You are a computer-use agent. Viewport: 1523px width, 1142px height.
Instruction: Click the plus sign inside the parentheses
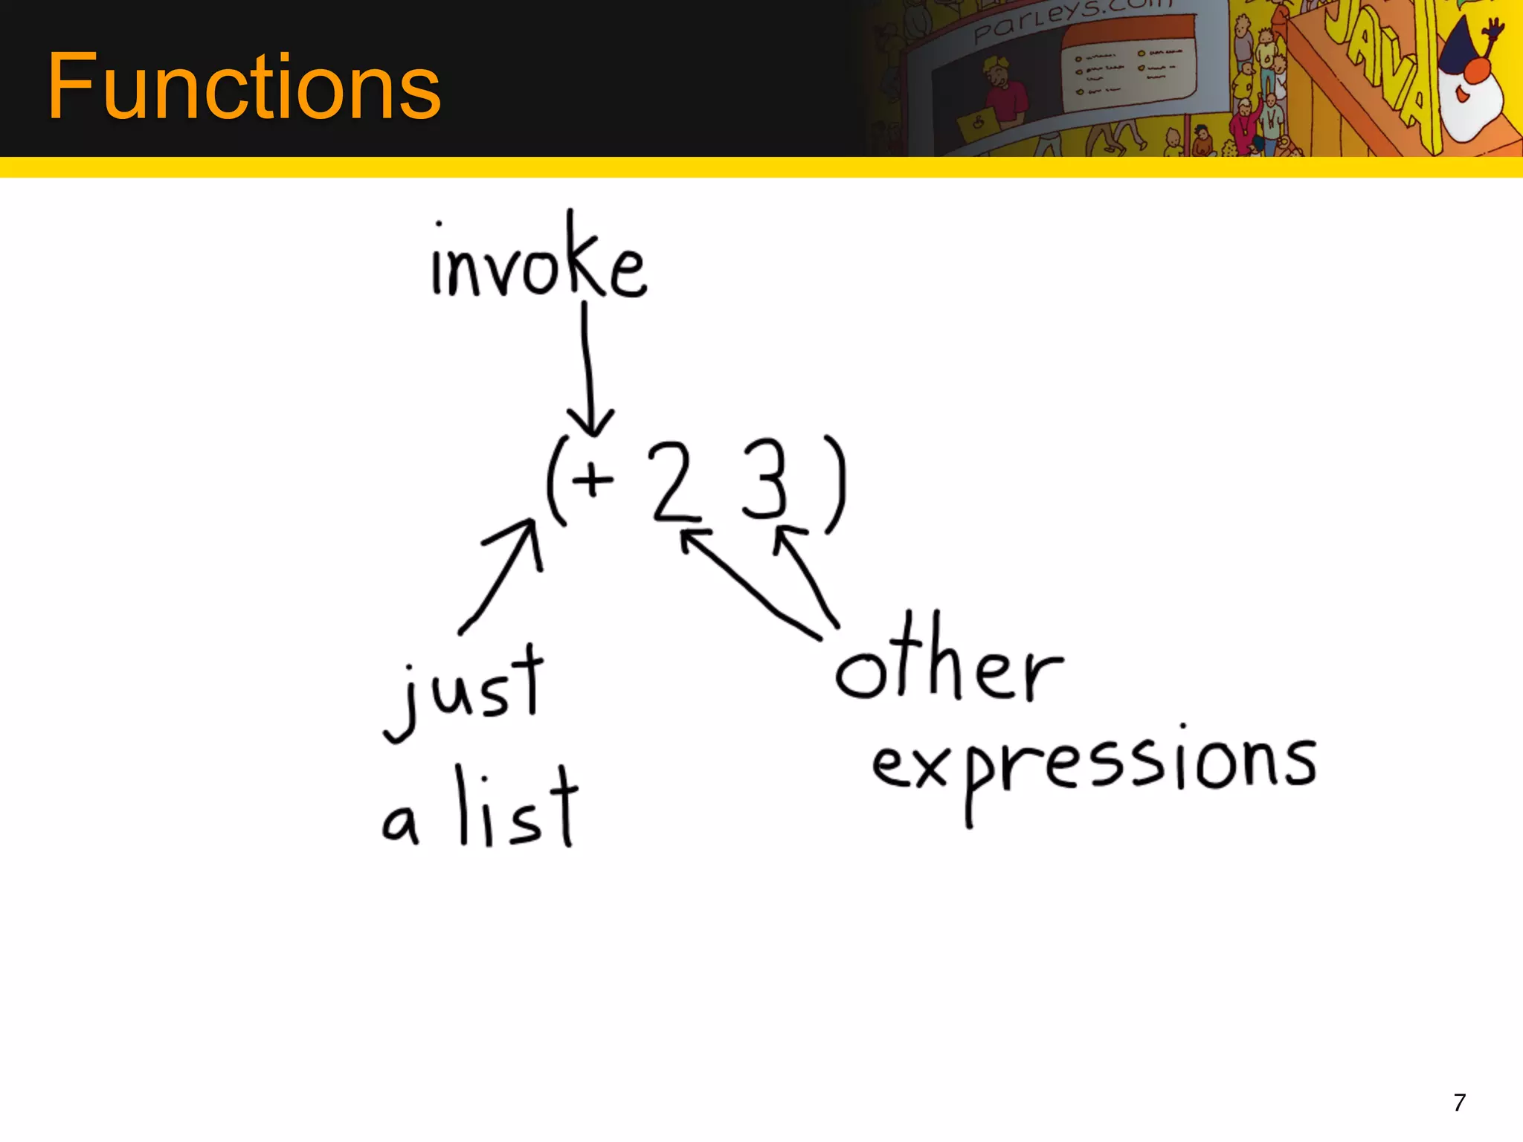pyautogui.click(x=593, y=480)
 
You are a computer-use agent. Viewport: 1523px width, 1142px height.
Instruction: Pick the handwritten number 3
pyautogui.click(x=764, y=480)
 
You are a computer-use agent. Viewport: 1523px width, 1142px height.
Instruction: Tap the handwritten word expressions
pyautogui.click(x=1093, y=766)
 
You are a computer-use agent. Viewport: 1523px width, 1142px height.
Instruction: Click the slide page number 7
pyautogui.click(x=1460, y=1102)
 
